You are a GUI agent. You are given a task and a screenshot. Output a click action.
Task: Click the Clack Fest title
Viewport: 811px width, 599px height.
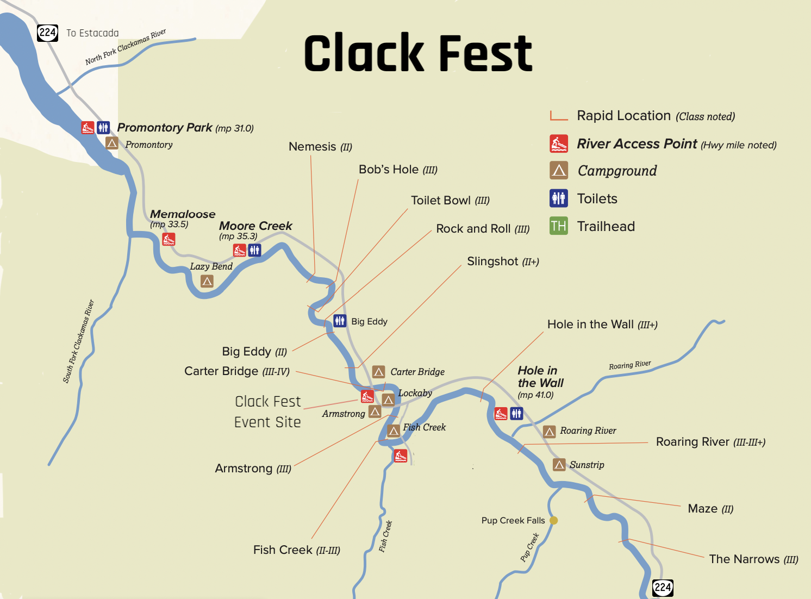tap(418, 53)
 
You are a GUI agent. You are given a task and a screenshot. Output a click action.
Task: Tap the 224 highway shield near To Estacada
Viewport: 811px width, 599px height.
tap(47, 33)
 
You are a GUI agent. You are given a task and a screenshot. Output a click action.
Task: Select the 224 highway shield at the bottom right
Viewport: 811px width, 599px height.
tap(663, 587)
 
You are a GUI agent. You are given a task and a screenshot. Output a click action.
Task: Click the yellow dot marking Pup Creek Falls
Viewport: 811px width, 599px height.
tap(553, 520)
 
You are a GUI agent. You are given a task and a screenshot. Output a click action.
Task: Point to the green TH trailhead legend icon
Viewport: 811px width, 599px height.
tap(558, 226)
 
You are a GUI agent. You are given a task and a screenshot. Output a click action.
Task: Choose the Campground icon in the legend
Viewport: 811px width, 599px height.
tap(558, 171)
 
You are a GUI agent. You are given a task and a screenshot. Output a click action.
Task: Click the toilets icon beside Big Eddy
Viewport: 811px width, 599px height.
tap(340, 321)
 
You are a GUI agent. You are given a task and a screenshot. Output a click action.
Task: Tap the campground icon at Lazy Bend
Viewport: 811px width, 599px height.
tap(207, 281)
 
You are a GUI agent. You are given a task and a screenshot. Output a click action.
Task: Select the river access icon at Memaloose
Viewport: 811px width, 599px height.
tap(169, 239)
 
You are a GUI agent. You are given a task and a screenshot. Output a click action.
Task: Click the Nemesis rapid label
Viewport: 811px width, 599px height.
tap(320, 147)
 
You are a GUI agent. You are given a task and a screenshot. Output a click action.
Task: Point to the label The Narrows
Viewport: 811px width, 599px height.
tap(753, 559)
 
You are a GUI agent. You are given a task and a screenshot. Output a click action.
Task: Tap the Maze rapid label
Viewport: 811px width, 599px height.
tap(710, 509)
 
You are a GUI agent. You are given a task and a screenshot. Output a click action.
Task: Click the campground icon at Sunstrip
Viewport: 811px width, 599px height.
tap(559, 465)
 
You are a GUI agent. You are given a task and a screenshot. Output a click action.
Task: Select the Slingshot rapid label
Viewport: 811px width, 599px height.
tap(502, 261)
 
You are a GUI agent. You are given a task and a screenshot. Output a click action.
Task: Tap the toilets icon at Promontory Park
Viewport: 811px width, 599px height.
tap(103, 128)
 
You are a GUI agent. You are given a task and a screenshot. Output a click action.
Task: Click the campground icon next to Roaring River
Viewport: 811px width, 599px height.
tap(549, 432)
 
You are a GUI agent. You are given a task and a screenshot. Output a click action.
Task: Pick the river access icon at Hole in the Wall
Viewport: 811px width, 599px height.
tap(501, 414)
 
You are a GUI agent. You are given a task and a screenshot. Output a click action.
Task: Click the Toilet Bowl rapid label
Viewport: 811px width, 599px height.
tap(450, 201)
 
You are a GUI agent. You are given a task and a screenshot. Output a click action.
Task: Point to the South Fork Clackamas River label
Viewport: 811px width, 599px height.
tap(78, 341)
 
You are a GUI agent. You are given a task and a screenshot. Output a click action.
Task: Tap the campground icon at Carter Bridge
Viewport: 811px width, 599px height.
tap(379, 372)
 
